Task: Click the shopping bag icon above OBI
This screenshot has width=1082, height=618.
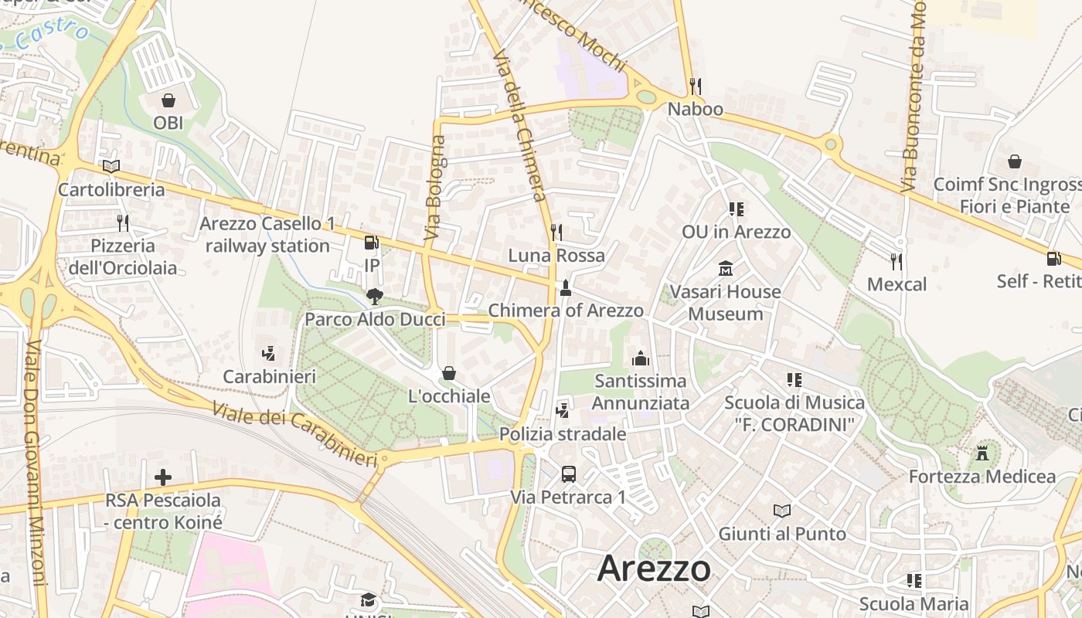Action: click(x=168, y=100)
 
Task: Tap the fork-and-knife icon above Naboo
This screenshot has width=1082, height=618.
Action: click(x=696, y=86)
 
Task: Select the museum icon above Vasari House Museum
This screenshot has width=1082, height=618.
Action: click(x=726, y=269)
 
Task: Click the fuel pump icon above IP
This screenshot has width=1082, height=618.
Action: click(x=372, y=243)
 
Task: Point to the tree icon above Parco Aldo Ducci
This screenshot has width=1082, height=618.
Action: click(x=375, y=297)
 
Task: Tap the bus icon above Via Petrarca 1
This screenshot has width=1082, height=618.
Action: click(x=569, y=474)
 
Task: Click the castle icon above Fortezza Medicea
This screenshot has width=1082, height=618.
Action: click(x=982, y=453)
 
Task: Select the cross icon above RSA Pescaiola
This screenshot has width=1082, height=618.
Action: click(x=163, y=477)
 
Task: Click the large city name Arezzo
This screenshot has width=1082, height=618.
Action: click(x=654, y=569)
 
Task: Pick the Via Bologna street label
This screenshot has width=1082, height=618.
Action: click(x=435, y=187)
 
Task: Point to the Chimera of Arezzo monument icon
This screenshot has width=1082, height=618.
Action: click(x=566, y=288)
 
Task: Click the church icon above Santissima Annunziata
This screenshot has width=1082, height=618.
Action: click(x=640, y=358)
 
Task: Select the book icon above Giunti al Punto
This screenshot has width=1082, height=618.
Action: click(x=782, y=511)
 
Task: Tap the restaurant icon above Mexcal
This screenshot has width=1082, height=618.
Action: click(x=897, y=261)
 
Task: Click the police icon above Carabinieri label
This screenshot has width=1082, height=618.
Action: click(x=269, y=354)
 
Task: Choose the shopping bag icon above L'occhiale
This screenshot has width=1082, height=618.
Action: click(x=449, y=374)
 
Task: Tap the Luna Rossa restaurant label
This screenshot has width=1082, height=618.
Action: click(x=556, y=255)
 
